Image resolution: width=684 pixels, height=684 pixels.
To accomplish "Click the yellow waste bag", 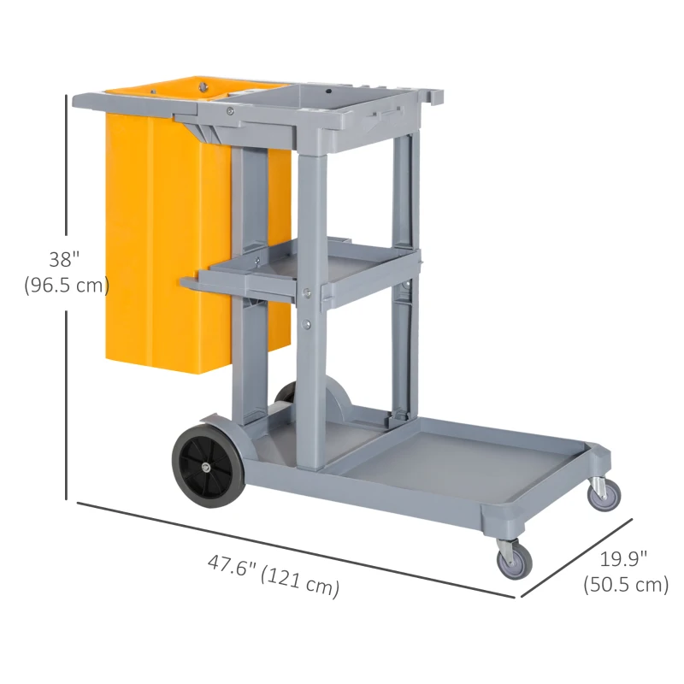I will tap(154, 239).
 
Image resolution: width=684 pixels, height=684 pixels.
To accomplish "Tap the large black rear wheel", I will tap(207, 465).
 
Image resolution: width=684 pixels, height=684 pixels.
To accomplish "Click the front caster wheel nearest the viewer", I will tap(515, 559).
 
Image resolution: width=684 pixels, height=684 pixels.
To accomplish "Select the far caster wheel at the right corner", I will tap(604, 494).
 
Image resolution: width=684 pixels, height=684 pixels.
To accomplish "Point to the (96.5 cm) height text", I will tap(68, 285).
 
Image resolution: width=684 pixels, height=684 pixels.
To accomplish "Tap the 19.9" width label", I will tap(623, 559).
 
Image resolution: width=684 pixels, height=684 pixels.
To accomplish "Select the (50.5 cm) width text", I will tap(625, 585).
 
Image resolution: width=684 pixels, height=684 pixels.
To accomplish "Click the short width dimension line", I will tap(575, 557).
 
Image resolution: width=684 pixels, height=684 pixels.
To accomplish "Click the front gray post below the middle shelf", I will tap(312, 385).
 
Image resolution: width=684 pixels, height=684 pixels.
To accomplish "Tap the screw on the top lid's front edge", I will tap(229, 109).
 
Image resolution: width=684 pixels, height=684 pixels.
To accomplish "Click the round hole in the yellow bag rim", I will tap(203, 85).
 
